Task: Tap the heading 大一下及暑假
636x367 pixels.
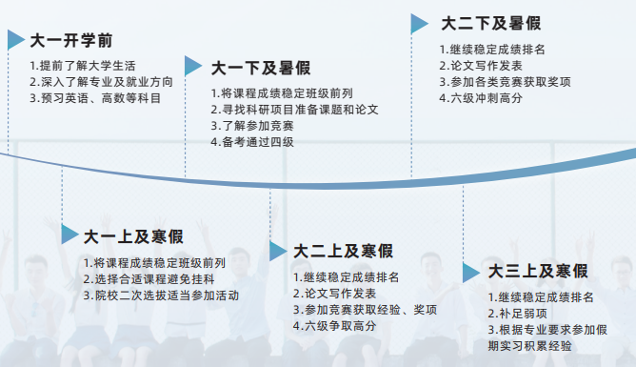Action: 260,68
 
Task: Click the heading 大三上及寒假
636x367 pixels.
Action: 538,272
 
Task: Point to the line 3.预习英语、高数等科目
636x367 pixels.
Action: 94,98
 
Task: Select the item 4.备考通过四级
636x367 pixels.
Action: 252,142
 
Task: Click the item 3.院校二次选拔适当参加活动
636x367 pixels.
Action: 160,295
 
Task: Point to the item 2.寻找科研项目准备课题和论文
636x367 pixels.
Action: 294,110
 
